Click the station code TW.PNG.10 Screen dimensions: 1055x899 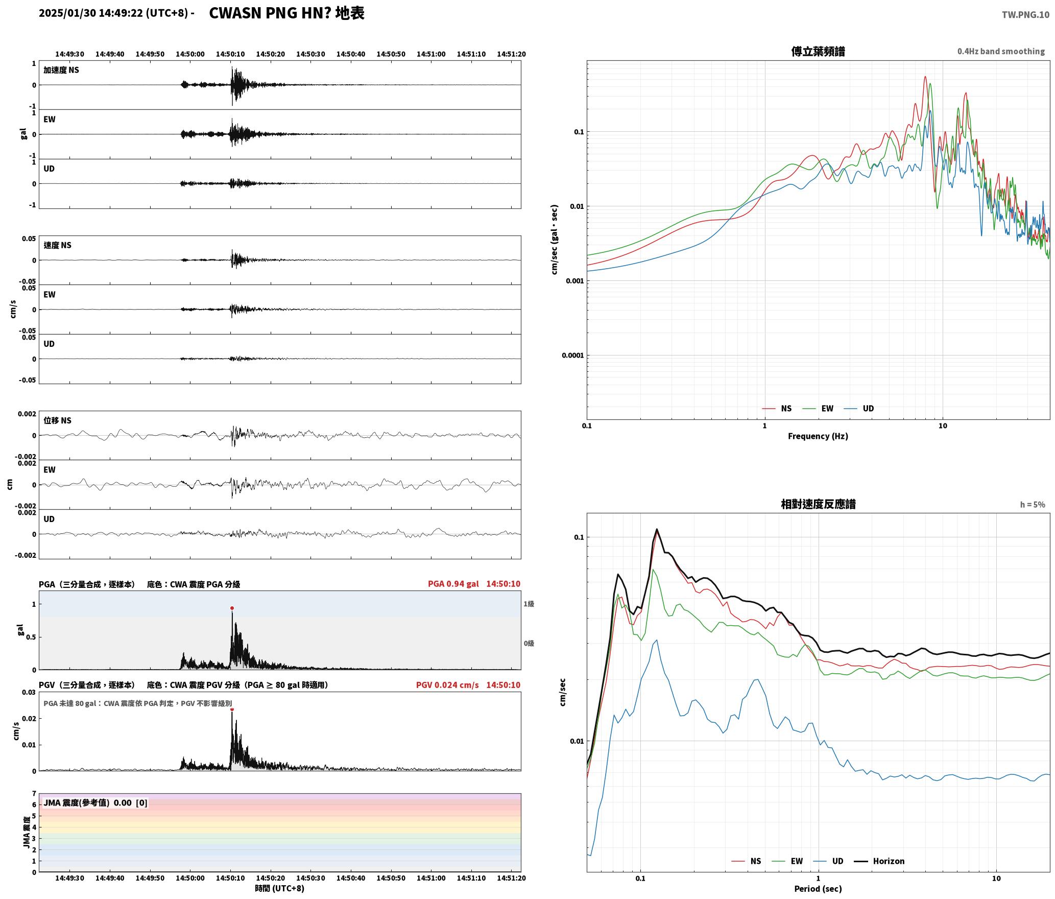tap(1025, 14)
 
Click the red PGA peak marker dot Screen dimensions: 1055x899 tap(232, 608)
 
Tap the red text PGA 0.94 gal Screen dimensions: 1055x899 tap(453, 584)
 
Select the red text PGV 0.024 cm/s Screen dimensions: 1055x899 tap(447, 685)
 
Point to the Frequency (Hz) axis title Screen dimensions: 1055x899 tap(818, 436)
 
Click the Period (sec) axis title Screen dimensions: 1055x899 tap(818, 888)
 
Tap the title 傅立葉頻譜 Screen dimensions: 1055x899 tap(818, 51)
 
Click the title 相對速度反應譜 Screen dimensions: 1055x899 tap(818, 504)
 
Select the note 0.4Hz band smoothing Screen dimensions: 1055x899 tap(1001, 51)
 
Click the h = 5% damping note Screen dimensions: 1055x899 tap(1033, 504)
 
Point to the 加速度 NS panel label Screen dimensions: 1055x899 tap(61, 70)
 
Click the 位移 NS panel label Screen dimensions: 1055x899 tap(57, 420)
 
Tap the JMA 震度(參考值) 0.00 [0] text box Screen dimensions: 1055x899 tap(95, 802)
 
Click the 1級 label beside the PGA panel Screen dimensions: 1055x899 tap(529, 604)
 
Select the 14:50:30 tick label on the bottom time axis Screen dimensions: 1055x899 tap(310, 878)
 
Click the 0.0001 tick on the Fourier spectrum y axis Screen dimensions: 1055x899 tap(572, 356)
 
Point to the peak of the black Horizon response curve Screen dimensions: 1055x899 tap(657, 529)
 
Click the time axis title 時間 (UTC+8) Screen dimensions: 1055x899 tap(279, 888)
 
